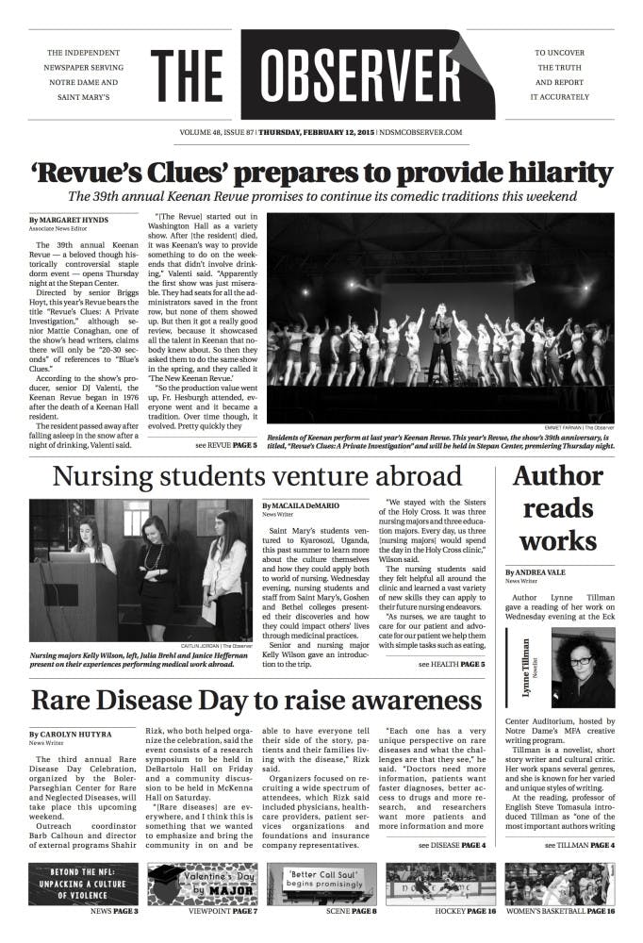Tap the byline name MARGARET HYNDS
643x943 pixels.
coord(71,220)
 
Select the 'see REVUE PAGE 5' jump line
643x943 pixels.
coord(226,444)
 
